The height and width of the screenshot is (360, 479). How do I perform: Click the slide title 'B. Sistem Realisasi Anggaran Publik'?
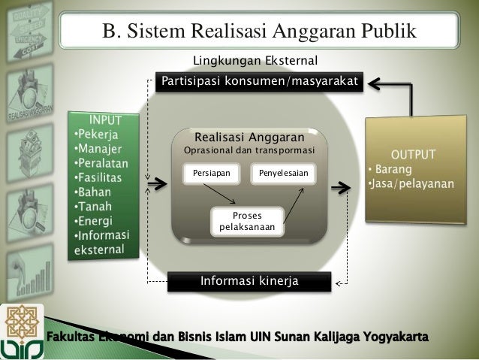[x=259, y=32]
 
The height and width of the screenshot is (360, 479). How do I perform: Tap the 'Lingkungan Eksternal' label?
[x=256, y=60]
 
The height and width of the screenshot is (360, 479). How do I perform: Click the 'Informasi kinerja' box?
[x=249, y=281]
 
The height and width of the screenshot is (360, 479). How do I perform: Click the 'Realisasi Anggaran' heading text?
[x=249, y=138]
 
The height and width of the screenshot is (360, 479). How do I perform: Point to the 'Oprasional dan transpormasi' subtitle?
[x=249, y=151]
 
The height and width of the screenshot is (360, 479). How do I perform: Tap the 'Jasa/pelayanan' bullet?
[x=411, y=185]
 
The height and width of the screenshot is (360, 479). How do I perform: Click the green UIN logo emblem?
[x=23, y=331]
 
